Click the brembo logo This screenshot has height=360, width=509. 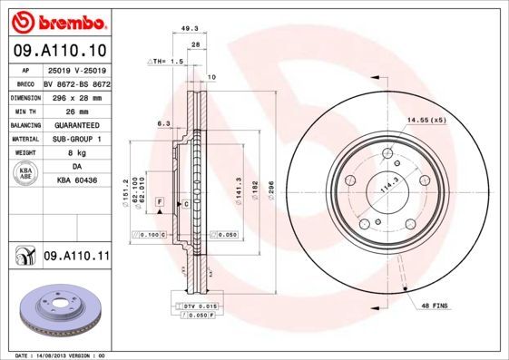click(56, 21)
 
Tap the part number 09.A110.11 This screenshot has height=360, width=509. click(76, 257)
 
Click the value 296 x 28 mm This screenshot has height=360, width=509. click(73, 97)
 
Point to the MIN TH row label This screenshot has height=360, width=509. click(24, 112)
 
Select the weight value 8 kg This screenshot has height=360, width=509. click(73, 153)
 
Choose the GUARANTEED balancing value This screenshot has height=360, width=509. click(73, 125)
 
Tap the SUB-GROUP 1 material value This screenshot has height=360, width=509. click(73, 140)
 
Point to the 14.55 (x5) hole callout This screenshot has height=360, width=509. click(426, 120)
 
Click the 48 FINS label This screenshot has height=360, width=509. click(433, 307)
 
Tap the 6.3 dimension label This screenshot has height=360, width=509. click(164, 122)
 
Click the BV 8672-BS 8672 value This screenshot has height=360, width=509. click(73, 83)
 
